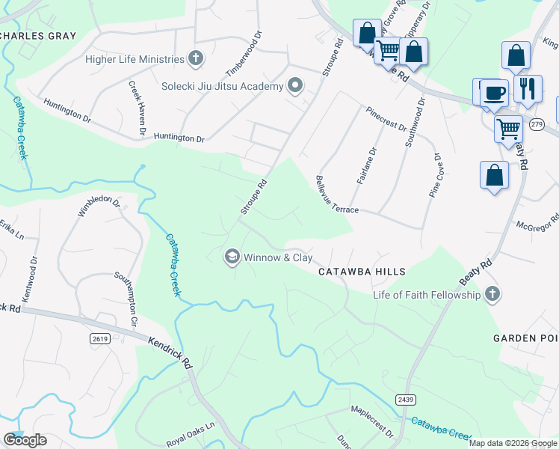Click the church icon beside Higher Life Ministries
[x=196, y=59]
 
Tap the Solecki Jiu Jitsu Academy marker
[x=294, y=86]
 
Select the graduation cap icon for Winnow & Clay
[x=232, y=257]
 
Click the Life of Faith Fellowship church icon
[x=492, y=294]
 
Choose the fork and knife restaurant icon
[x=528, y=88]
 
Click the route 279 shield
[x=537, y=125]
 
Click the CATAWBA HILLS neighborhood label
[x=362, y=272]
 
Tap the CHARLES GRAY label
[x=39, y=36]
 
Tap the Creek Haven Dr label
[x=136, y=109]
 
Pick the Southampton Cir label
[x=126, y=292]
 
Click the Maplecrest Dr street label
[x=372, y=421]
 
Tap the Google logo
[x=24, y=440]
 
